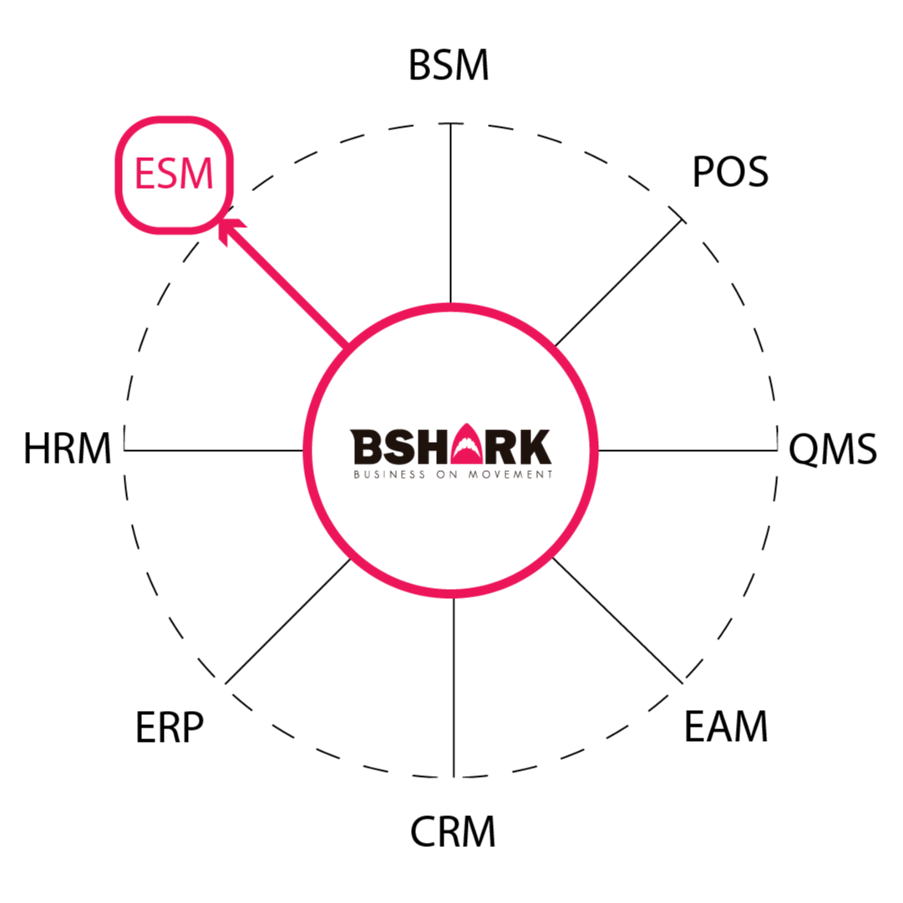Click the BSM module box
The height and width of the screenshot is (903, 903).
click(x=450, y=66)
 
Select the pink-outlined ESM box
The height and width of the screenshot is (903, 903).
click(x=174, y=175)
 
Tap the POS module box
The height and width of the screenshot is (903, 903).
click(x=727, y=174)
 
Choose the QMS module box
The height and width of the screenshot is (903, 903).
click(x=833, y=449)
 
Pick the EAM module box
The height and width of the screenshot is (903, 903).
click(x=728, y=727)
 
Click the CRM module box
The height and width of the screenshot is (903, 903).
click(x=451, y=832)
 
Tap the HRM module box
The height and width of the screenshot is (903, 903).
click(x=68, y=449)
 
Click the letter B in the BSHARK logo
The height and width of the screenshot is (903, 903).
click(x=364, y=447)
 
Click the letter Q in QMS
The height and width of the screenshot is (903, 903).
click(x=803, y=449)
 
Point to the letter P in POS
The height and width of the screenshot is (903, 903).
click(x=702, y=173)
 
